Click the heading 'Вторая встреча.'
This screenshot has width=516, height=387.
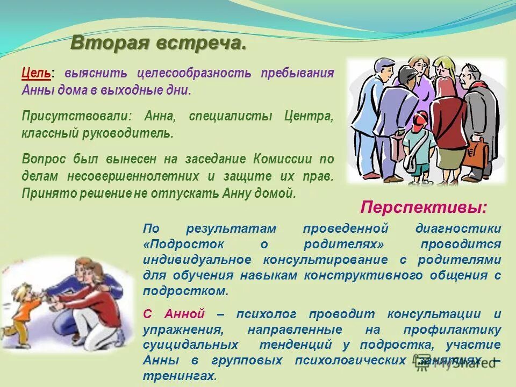(158, 44)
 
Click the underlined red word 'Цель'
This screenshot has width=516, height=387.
(36, 73)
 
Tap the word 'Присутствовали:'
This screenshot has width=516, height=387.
(77, 116)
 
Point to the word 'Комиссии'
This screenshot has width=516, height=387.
(282, 159)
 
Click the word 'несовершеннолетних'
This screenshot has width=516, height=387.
(133, 176)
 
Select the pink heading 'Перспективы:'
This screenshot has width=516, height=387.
(424, 207)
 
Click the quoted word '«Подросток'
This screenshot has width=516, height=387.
(184, 244)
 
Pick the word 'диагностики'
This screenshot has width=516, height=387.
(458, 228)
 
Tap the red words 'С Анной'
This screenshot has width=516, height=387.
(174, 313)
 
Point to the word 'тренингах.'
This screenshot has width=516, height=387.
(180, 376)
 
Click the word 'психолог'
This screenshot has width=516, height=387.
(266, 314)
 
